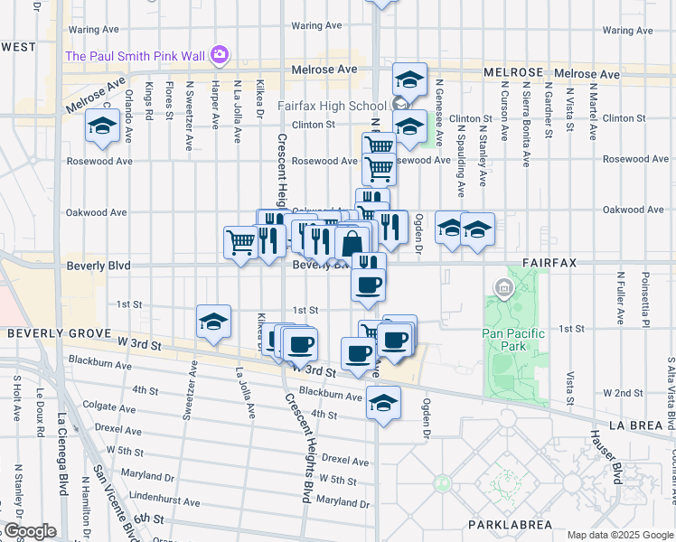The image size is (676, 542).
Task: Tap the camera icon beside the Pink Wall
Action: (219, 56)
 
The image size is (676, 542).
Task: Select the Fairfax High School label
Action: (332, 103)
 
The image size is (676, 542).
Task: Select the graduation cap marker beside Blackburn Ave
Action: (383, 403)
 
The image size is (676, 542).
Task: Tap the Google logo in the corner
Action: (29, 531)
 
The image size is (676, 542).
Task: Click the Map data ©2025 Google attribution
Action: (620, 535)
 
